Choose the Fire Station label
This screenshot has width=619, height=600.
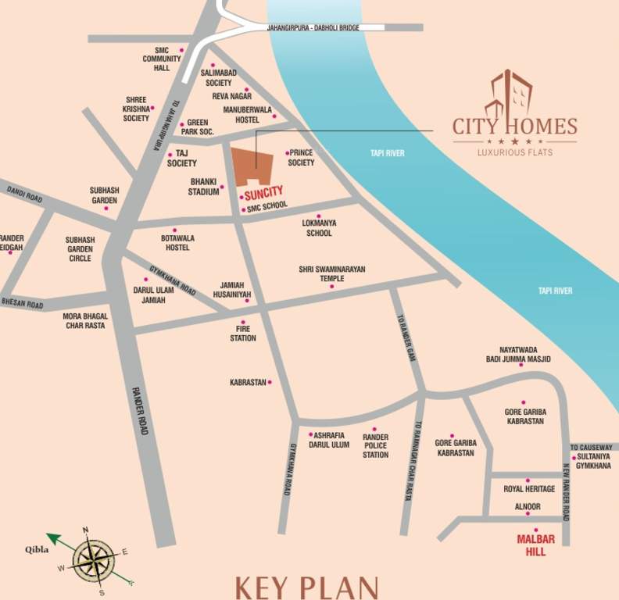pyautogui.click(x=243, y=334)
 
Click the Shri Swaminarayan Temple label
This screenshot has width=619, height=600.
pyautogui.click(x=332, y=273)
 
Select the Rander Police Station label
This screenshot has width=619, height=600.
pyautogui.click(x=375, y=445)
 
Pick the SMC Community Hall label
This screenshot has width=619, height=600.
pyautogui.click(x=162, y=59)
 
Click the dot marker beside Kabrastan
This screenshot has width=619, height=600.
pyautogui.click(x=270, y=382)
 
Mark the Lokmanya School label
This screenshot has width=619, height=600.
pyautogui.click(x=319, y=227)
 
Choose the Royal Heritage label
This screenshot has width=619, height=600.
pyautogui.click(x=529, y=489)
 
